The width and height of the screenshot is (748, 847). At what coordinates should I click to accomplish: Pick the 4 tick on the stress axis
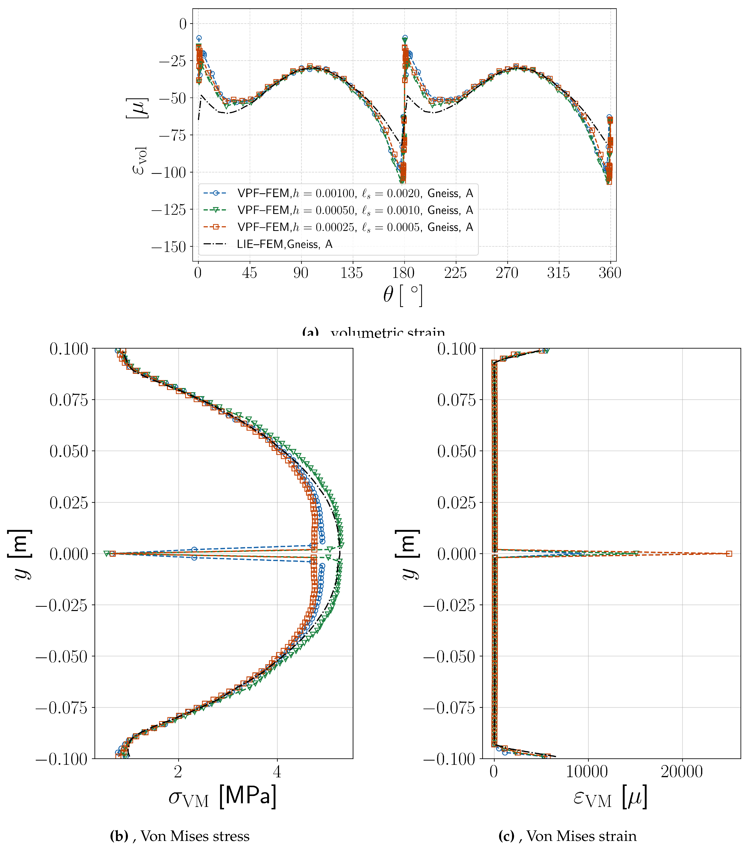click(x=277, y=772)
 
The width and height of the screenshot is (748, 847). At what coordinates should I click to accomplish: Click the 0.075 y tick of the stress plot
click(x=69, y=400)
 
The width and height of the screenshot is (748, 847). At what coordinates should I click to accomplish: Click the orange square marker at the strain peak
click(x=729, y=554)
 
